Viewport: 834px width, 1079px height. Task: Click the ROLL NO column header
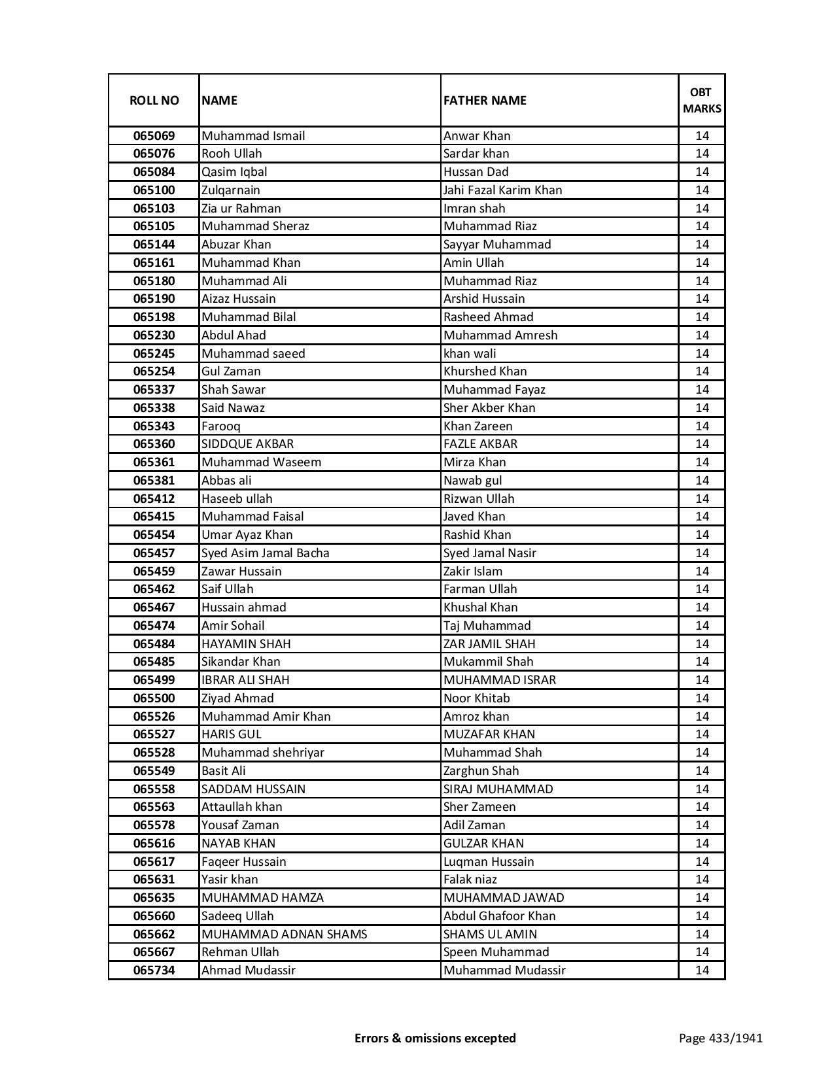click(154, 100)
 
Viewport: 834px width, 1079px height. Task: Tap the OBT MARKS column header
click(702, 100)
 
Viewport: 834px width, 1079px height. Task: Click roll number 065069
click(154, 136)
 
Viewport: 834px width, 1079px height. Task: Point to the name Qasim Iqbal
click(234, 172)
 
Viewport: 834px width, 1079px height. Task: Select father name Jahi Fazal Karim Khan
click(502, 190)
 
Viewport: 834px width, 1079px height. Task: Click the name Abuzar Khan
click(236, 245)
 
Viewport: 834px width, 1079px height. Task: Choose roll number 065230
click(154, 335)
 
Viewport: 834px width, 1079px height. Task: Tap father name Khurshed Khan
click(485, 371)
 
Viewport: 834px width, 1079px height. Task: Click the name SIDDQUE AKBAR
click(247, 444)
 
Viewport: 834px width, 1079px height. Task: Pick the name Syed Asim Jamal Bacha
click(265, 553)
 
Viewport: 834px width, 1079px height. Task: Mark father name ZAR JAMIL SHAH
click(489, 644)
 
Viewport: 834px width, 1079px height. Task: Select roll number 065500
click(154, 698)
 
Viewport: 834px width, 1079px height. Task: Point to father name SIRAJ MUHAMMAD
click(498, 789)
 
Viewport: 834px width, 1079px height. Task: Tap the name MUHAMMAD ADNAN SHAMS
click(284, 934)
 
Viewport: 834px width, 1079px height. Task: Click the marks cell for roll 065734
click(702, 970)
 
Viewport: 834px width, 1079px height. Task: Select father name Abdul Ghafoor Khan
click(499, 916)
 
